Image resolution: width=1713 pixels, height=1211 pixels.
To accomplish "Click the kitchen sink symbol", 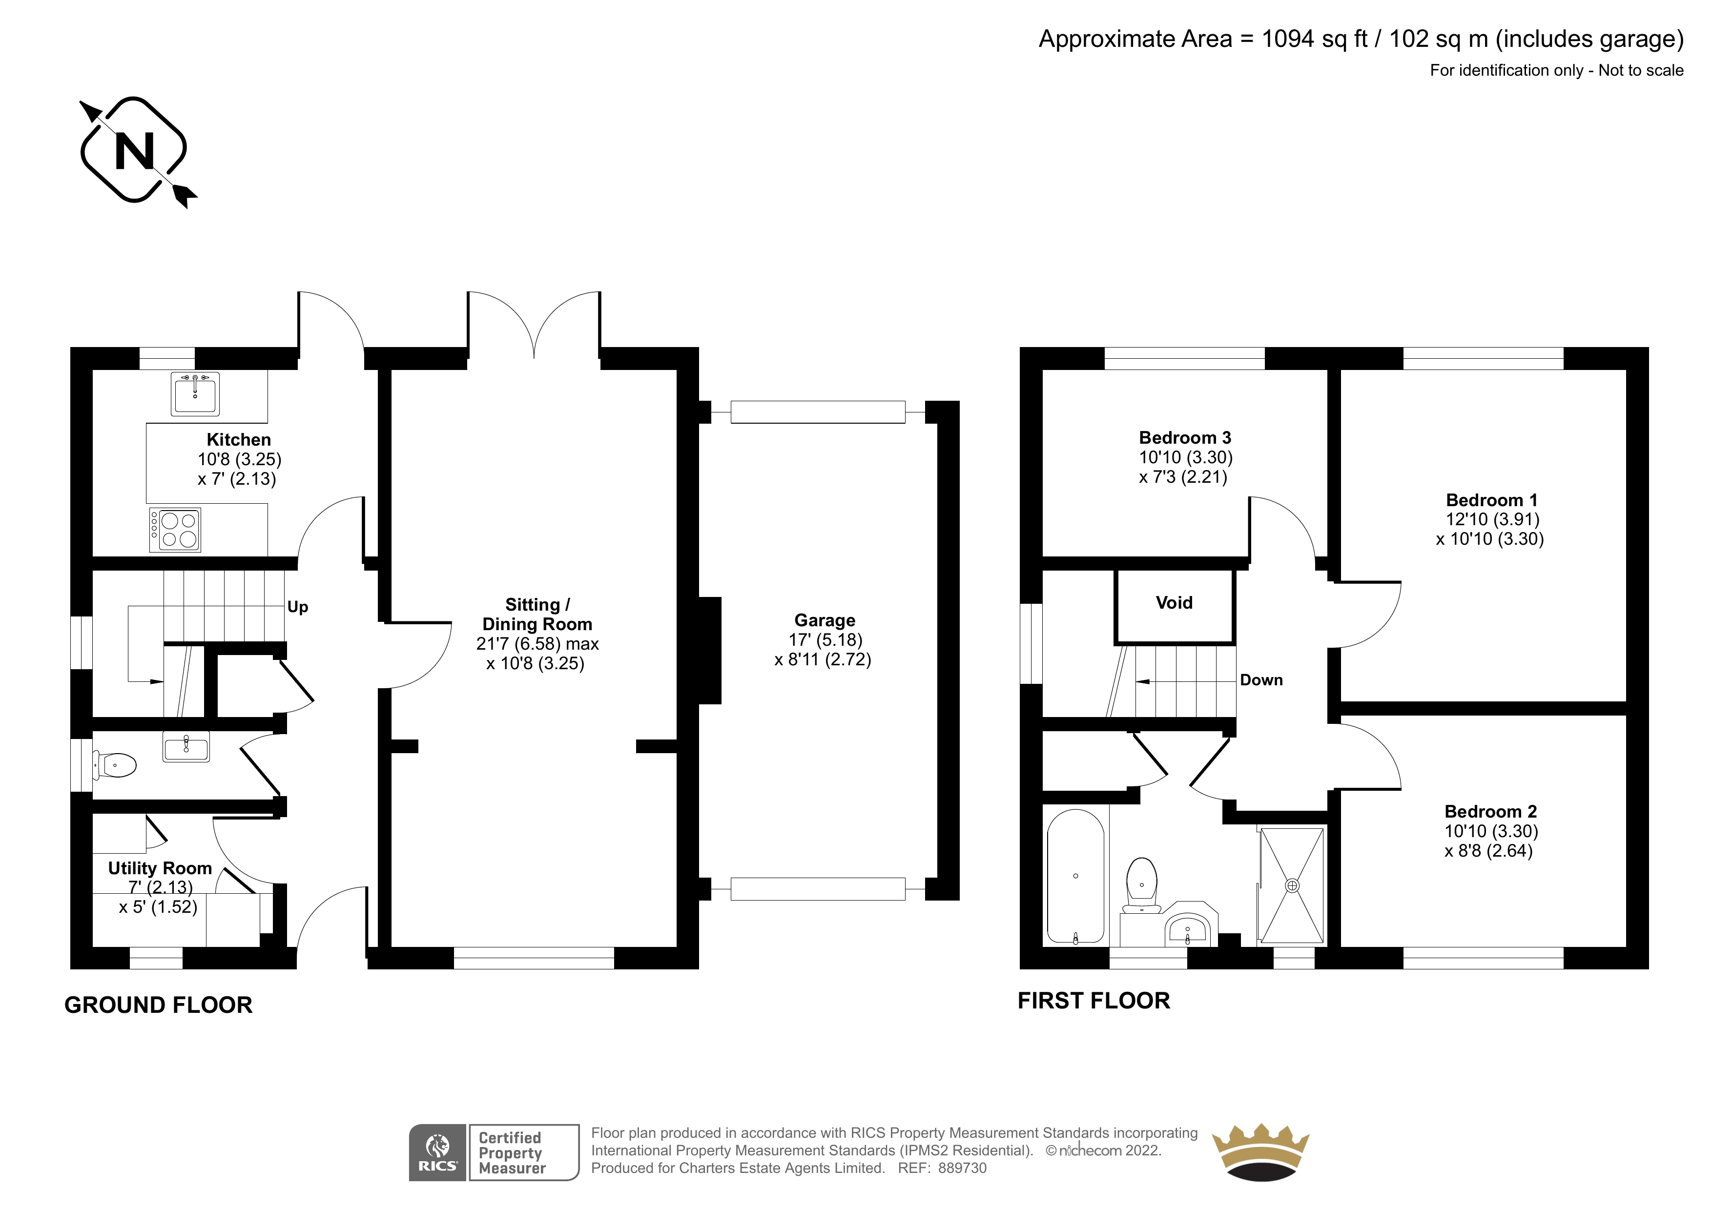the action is click(195, 393).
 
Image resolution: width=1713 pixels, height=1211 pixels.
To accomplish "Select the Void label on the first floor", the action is click(1175, 602).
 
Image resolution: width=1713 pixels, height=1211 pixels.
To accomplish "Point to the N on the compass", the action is click(134, 151).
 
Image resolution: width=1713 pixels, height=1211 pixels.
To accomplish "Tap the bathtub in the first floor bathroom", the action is click(1075, 877).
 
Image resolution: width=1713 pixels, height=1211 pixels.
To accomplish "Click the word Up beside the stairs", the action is click(298, 607).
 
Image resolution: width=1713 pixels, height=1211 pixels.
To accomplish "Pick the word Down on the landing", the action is click(1261, 680).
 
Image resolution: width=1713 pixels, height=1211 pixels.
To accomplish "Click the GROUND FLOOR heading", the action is click(158, 1005).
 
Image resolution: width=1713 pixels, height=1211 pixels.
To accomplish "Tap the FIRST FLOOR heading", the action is click(1094, 1001).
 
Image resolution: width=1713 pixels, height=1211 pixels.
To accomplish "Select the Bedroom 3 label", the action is click(1185, 437).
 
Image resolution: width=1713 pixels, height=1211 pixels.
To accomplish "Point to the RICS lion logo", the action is click(438, 1153).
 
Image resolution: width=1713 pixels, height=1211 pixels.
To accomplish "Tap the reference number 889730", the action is click(963, 1169).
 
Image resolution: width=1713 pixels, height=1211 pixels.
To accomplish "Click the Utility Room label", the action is click(160, 868).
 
